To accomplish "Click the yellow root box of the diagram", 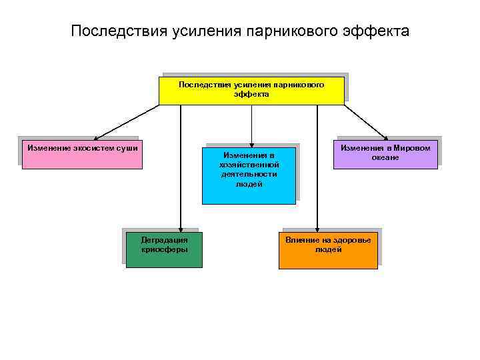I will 251,91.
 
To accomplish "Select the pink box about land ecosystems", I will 81,155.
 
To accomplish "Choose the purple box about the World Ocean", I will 385,153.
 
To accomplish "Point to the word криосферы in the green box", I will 165,249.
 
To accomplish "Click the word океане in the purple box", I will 385,157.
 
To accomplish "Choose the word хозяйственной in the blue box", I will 249,165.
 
